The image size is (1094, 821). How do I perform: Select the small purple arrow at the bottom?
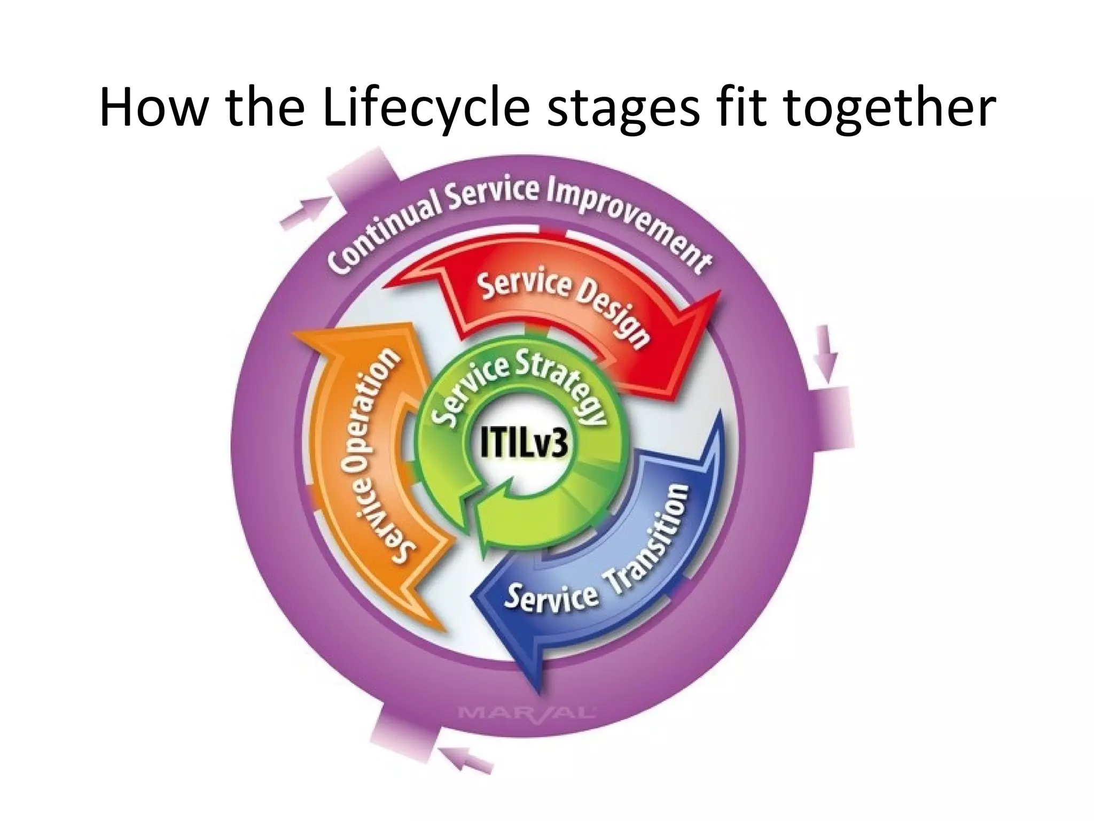coord(465,760)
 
